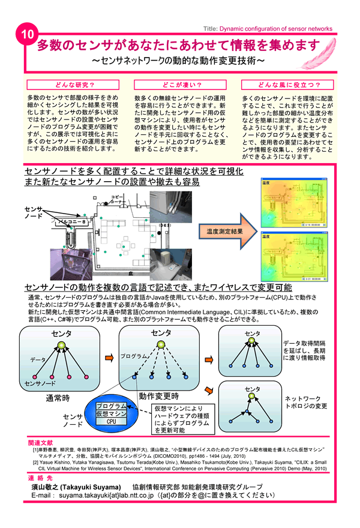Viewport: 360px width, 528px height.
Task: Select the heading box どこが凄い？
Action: point(180,85)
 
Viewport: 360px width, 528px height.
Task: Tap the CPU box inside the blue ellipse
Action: point(111,422)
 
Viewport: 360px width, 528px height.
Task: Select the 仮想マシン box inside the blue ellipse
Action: point(111,414)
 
